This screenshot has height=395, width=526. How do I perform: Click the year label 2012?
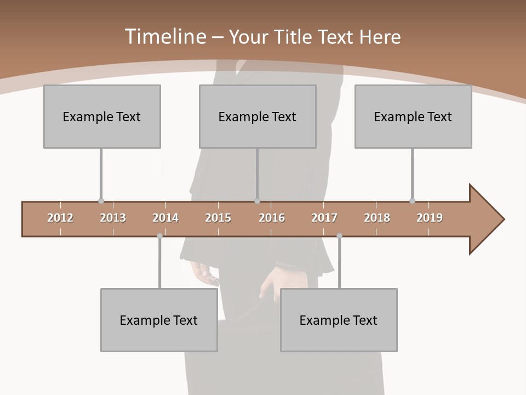click(60, 218)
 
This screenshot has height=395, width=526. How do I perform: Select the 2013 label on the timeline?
click(113, 218)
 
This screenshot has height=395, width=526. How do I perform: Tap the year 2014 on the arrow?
click(165, 218)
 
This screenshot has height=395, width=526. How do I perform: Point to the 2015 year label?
click(218, 218)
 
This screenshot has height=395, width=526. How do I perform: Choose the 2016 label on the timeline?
click(272, 218)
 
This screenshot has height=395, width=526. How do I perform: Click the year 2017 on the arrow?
click(324, 218)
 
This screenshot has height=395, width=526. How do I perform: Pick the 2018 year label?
click(377, 218)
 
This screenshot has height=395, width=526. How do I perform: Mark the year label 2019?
click(430, 218)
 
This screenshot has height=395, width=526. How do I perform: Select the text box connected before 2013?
click(102, 116)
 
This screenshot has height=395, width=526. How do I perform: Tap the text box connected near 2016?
click(258, 116)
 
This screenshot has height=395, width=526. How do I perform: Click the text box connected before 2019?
click(413, 116)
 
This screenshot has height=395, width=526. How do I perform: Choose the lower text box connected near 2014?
click(159, 320)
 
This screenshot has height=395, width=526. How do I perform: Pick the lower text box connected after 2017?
click(339, 320)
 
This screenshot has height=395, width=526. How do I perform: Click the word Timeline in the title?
click(164, 37)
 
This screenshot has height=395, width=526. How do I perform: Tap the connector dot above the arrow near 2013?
click(101, 201)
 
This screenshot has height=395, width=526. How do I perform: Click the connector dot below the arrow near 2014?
click(159, 236)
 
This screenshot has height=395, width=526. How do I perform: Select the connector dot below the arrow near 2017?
click(339, 236)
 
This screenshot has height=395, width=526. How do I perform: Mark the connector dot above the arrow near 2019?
click(412, 201)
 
